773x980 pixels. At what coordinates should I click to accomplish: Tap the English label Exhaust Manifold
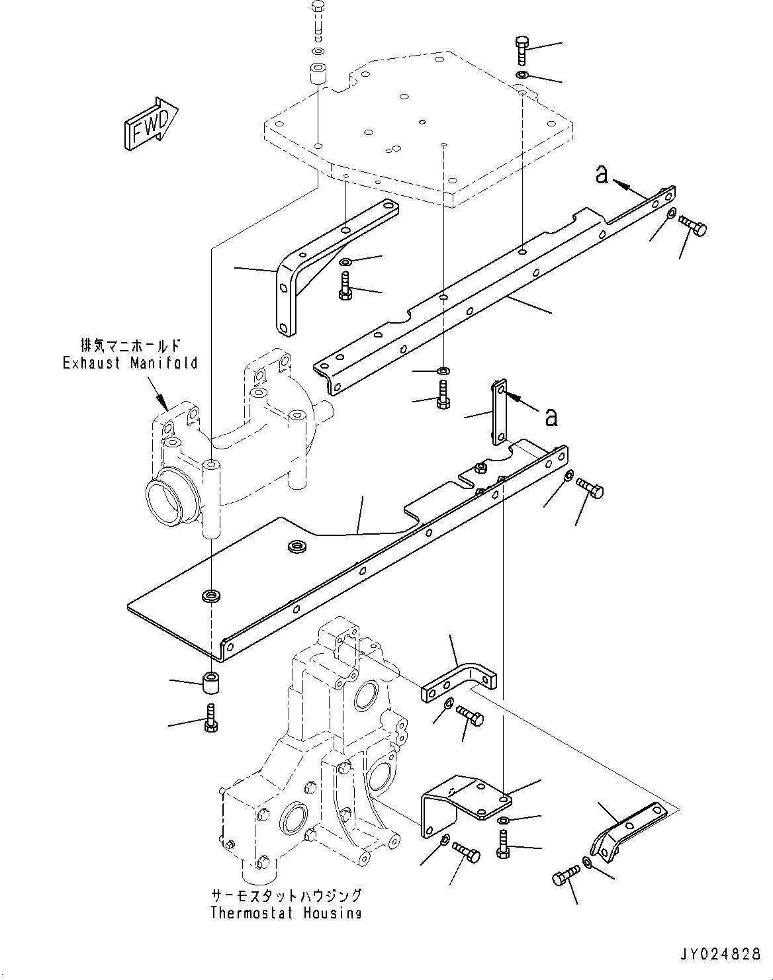[130, 363]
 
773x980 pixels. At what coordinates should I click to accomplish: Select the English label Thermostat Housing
[286, 914]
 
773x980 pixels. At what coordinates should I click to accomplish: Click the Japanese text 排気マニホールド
[130, 346]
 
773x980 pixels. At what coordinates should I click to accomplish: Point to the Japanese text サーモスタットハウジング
[286, 896]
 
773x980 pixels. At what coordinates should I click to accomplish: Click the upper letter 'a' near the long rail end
[602, 174]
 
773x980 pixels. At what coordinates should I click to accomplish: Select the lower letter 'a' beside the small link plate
[551, 416]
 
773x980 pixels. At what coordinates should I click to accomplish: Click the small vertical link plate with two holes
[499, 412]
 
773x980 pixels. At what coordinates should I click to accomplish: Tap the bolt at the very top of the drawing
[318, 19]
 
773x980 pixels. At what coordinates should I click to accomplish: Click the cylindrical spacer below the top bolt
[318, 75]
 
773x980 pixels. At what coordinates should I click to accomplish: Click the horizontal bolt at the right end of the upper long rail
[694, 228]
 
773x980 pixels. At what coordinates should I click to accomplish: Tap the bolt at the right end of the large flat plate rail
[591, 488]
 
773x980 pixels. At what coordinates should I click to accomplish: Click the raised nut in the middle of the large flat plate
[295, 547]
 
